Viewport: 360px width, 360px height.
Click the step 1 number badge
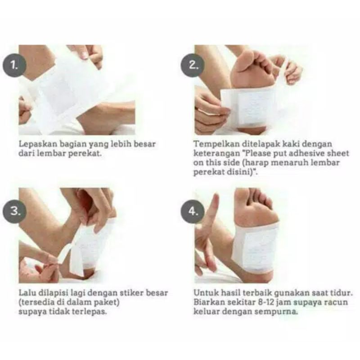tap(14, 65)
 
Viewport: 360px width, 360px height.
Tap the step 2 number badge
tap(193, 65)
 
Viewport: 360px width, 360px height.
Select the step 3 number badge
tap(14, 211)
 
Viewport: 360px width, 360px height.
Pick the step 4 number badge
tap(193, 211)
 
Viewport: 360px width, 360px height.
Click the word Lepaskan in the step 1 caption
tap(38, 144)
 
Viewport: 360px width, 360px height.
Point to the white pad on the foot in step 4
tap(255, 248)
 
